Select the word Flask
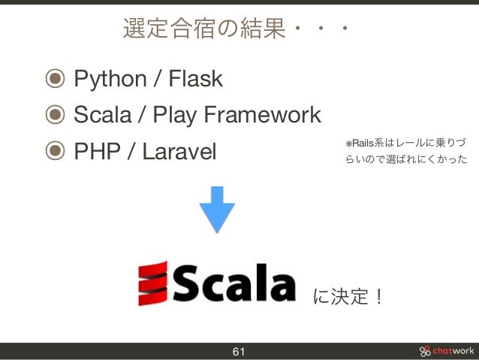point(196,79)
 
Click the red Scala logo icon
point(152,283)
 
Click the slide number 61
point(239,352)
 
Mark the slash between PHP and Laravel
point(131,153)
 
